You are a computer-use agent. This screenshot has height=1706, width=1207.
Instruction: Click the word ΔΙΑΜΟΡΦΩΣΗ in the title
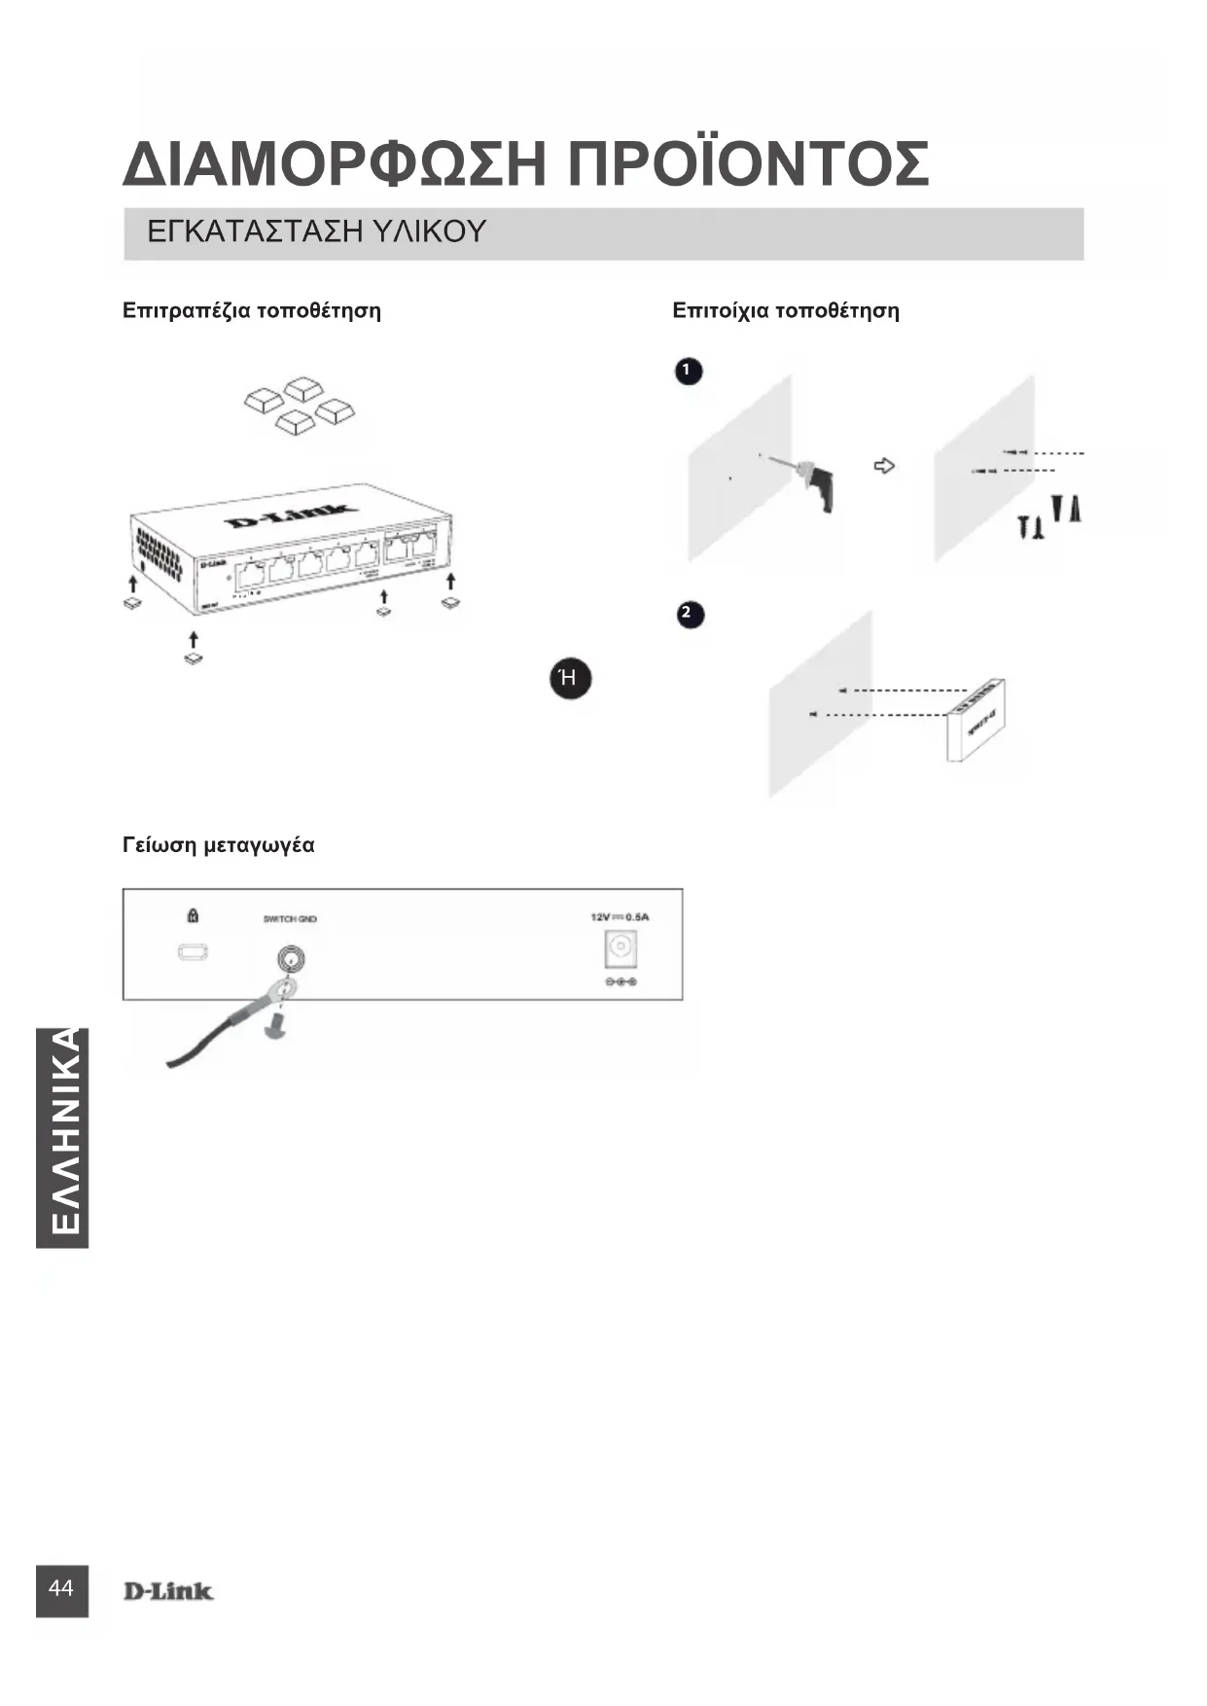point(333,164)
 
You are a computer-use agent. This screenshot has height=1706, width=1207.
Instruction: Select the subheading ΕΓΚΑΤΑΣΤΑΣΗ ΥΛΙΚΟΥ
point(316,232)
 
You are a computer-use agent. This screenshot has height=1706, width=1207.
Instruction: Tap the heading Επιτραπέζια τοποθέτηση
point(252,311)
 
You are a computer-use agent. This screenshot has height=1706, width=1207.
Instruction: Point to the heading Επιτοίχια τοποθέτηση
point(786,311)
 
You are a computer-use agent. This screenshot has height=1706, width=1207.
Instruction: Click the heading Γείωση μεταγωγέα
point(219,844)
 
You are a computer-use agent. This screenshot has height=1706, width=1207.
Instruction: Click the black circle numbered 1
point(688,371)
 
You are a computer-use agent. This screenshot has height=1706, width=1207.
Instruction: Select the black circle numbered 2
point(690,614)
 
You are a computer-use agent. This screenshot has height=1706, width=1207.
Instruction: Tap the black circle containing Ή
point(570,678)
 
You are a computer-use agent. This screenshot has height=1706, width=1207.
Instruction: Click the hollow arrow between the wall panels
point(883,467)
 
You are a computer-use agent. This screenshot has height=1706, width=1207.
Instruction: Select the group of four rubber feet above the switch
point(299,402)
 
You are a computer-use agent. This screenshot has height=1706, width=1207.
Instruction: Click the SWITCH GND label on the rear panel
point(290,918)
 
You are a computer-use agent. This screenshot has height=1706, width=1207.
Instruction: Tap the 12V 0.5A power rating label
point(620,916)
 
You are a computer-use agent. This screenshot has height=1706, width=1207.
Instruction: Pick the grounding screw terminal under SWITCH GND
point(291,960)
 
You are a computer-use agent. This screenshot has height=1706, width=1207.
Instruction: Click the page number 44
point(61,1589)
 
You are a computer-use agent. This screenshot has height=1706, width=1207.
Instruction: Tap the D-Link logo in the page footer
point(167,1591)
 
